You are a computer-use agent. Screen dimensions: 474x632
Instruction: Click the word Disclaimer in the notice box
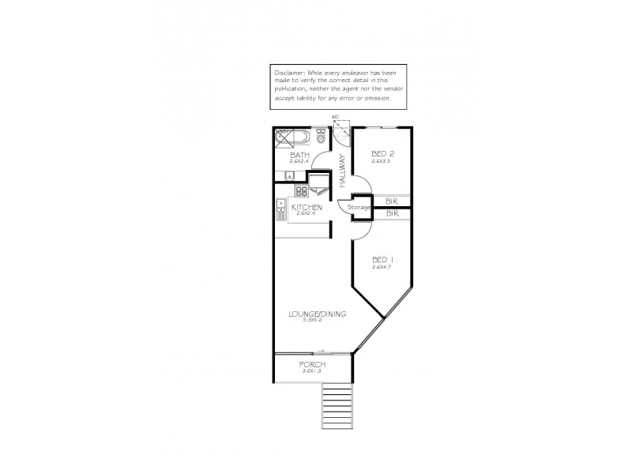pos(288,71)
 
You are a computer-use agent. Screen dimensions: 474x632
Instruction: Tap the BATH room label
pos(300,155)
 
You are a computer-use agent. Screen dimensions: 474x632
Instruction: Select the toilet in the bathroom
pos(320,137)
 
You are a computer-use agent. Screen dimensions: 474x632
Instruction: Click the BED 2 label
pos(382,154)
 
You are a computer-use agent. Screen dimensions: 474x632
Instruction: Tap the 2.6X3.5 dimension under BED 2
pos(382,161)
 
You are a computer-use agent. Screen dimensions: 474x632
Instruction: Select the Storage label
pos(360,207)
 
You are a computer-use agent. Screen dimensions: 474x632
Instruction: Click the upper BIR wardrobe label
pos(392,201)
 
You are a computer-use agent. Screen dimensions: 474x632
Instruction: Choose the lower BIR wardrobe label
pos(392,213)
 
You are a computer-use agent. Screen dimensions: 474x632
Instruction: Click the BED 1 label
pos(382,260)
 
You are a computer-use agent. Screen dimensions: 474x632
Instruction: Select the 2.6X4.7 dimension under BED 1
pos(382,267)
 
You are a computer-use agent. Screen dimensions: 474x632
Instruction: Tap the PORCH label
pos(312,364)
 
